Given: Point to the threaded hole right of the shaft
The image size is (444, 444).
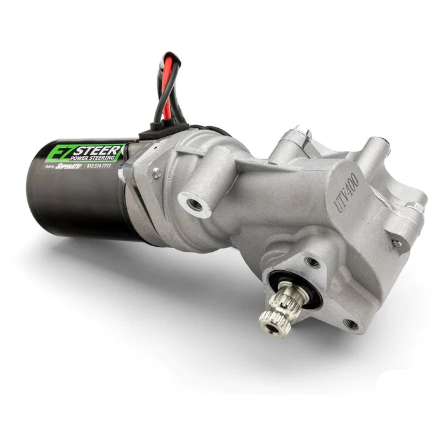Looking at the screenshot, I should tap(351, 323).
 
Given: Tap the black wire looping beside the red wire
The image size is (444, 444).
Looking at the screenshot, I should tap(158, 95).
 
